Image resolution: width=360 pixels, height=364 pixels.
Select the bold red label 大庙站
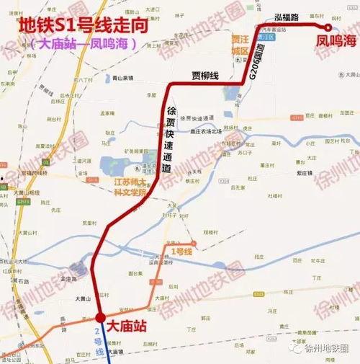coord(126,327)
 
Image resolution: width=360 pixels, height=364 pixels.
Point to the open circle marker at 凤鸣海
coord(329,27)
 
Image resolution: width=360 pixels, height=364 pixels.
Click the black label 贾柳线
coord(196,74)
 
